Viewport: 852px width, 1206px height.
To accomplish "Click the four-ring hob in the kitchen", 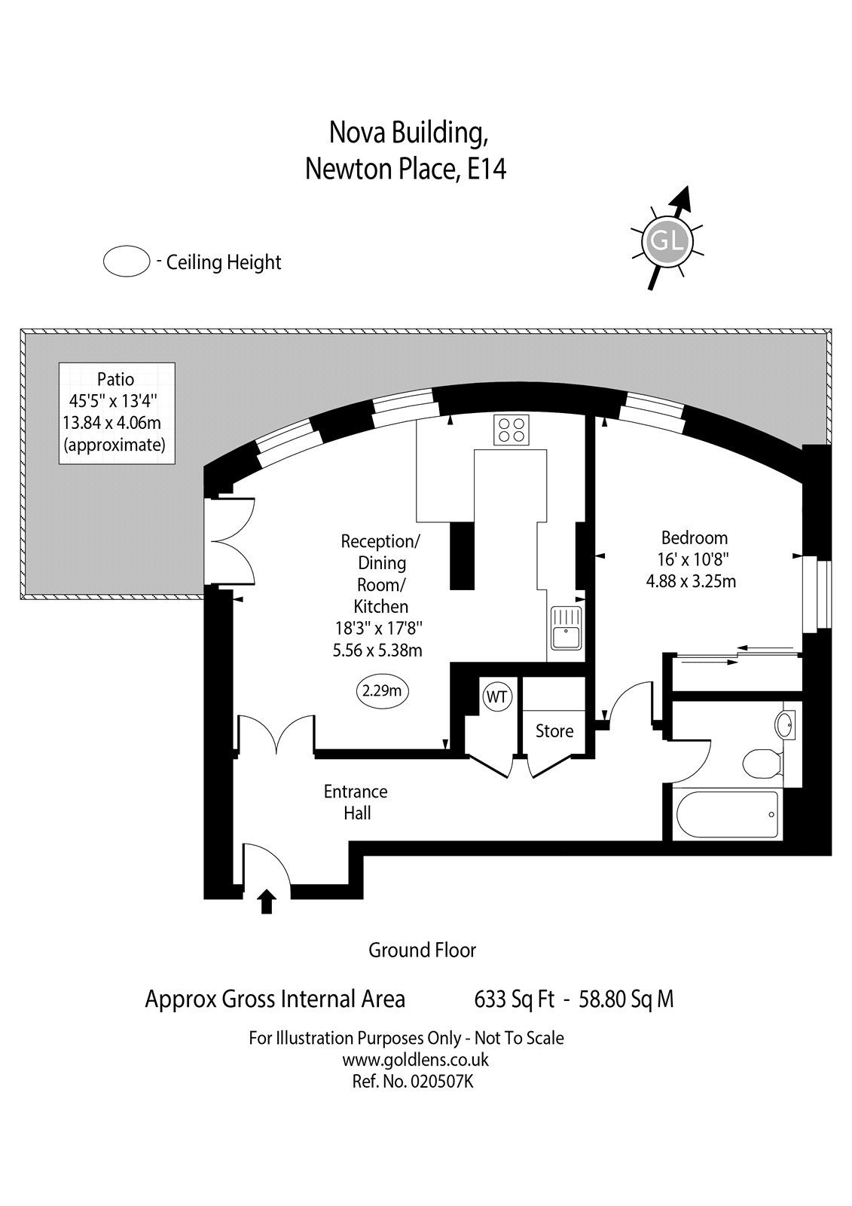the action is (x=511, y=430).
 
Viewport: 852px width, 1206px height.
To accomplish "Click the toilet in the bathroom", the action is (x=762, y=762).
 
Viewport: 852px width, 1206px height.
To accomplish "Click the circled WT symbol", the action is (x=496, y=696).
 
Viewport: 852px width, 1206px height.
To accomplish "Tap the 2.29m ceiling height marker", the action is (x=382, y=690).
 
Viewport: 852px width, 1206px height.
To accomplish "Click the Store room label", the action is (x=554, y=730).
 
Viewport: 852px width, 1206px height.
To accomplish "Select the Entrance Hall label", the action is (x=356, y=802).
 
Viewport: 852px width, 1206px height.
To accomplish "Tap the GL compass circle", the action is (x=667, y=240).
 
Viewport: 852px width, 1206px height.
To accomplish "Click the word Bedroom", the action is (x=695, y=537).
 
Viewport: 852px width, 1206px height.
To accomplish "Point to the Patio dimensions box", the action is (x=117, y=413).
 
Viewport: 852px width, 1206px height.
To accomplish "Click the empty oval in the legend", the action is (x=127, y=262).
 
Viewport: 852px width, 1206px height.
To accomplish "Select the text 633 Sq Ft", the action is (x=514, y=999).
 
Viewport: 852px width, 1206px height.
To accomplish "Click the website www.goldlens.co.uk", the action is (x=416, y=1060).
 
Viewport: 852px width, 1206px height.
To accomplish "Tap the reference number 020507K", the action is (x=442, y=1081).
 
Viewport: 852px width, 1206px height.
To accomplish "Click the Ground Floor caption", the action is (x=422, y=950).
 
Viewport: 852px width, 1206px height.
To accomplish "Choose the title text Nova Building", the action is (x=408, y=133).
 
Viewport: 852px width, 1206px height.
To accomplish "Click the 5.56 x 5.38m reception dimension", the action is (x=377, y=650).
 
